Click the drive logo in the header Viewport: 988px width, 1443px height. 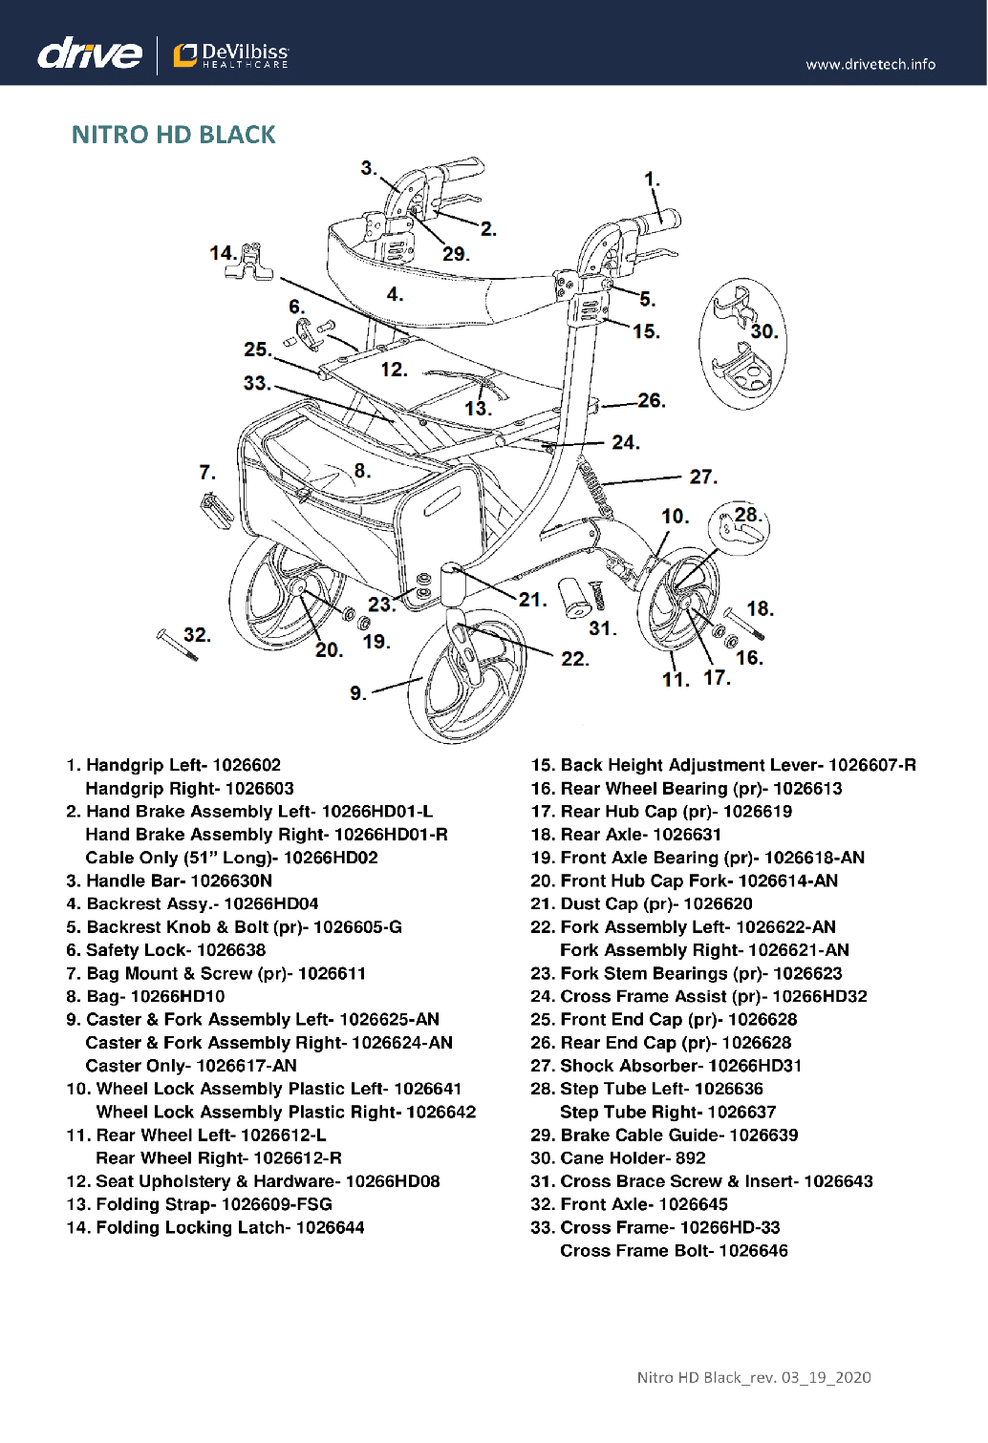click(x=90, y=53)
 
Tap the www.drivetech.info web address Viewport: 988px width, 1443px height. click(x=870, y=65)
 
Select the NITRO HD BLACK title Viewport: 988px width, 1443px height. click(x=173, y=135)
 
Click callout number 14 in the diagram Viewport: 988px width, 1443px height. click(x=222, y=253)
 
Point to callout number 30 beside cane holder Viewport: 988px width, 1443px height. click(x=763, y=331)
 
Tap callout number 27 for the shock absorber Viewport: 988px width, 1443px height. click(x=702, y=477)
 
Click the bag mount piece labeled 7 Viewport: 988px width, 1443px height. click(x=217, y=507)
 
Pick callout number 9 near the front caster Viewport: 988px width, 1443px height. click(x=357, y=692)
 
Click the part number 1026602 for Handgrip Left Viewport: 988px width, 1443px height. click(x=247, y=765)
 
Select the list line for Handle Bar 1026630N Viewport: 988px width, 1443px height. click(x=169, y=881)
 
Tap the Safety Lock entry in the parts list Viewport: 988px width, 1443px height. click(x=165, y=950)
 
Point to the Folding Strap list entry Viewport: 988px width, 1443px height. click(x=199, y=1204)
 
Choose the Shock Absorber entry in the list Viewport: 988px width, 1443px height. click(x=666, y=1066)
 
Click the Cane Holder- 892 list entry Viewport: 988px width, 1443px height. click(x=617, y=1158)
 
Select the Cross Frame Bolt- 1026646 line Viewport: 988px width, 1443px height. click(x=674, y=1251)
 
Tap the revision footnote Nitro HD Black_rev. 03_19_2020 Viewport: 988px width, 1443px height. click(x=754, y=1377)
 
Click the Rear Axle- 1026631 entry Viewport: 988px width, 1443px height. click(x=626, y=835)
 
